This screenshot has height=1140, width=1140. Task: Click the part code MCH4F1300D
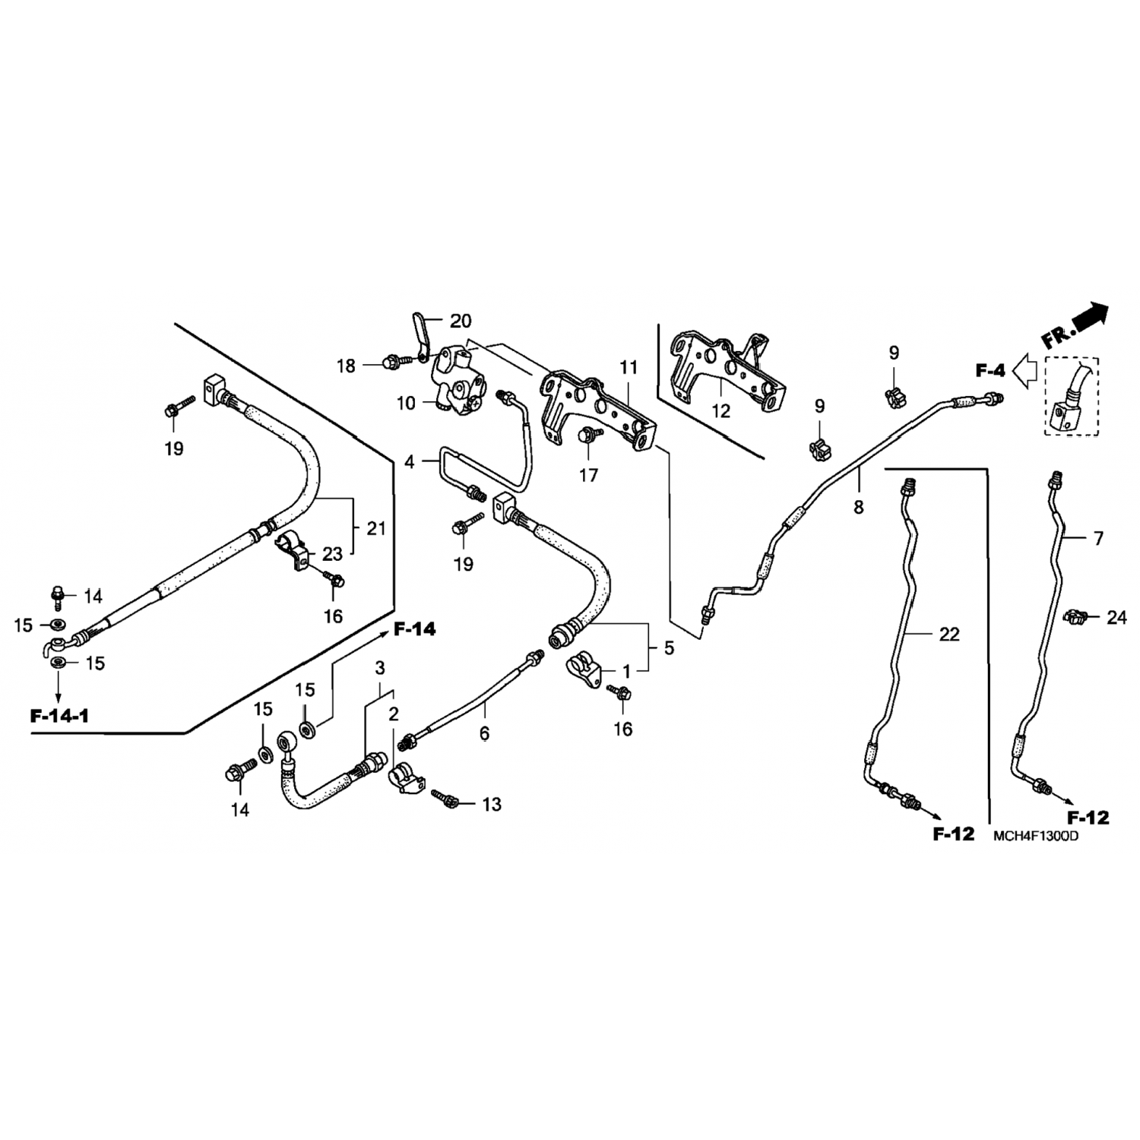tap(1036, 837)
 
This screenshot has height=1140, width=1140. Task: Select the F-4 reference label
tap(991, 371)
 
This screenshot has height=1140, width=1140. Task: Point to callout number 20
tap(461, 321)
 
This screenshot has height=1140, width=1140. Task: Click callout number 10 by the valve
tap(407, 403)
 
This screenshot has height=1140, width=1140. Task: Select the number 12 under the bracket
tap(720, 411)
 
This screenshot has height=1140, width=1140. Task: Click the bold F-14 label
tap(414, 629)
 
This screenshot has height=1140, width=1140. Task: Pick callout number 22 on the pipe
tap(949, 634)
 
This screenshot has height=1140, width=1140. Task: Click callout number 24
tap(1116, 618)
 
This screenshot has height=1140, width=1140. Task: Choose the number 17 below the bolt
tap(588, 476)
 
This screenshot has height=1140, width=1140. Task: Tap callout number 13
tap(492, 804)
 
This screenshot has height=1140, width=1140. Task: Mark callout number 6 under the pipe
tap(484, 733)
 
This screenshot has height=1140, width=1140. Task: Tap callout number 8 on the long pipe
tap(858, 507)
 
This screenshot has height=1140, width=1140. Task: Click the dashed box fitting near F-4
tap(1071, 396)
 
